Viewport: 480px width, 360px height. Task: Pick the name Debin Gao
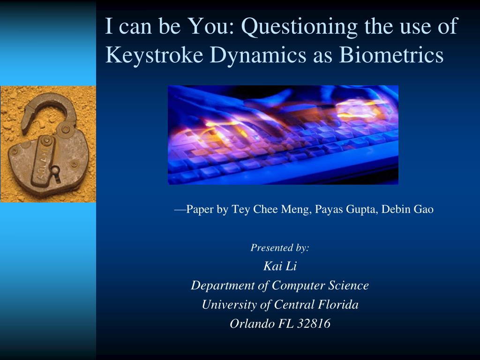[x=407, y=210]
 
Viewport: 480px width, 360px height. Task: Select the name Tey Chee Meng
[x=271, y=210]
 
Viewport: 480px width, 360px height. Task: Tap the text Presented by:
[x=280, y=247]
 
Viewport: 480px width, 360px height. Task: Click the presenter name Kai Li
[x=280, y=266]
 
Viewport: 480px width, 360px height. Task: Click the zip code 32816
[x=314, y=323]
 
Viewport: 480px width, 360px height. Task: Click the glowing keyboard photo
[x=283, y=135]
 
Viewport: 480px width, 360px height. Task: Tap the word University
[x=229, y=305]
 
